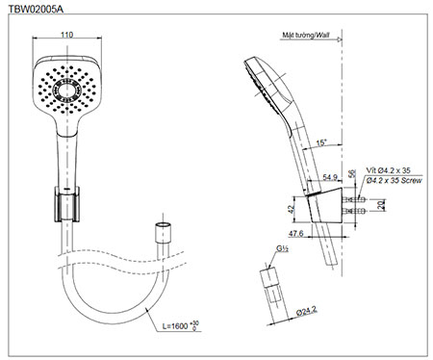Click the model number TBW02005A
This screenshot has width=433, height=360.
36,10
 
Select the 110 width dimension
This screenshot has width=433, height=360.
66,35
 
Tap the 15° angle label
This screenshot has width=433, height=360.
321,142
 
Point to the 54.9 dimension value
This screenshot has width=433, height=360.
330,177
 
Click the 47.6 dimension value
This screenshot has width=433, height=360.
296,233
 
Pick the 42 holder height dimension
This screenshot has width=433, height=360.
291,209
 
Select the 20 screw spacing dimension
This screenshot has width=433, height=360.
381,205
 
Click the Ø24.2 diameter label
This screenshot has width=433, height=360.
307,311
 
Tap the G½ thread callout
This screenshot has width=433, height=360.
282,248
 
